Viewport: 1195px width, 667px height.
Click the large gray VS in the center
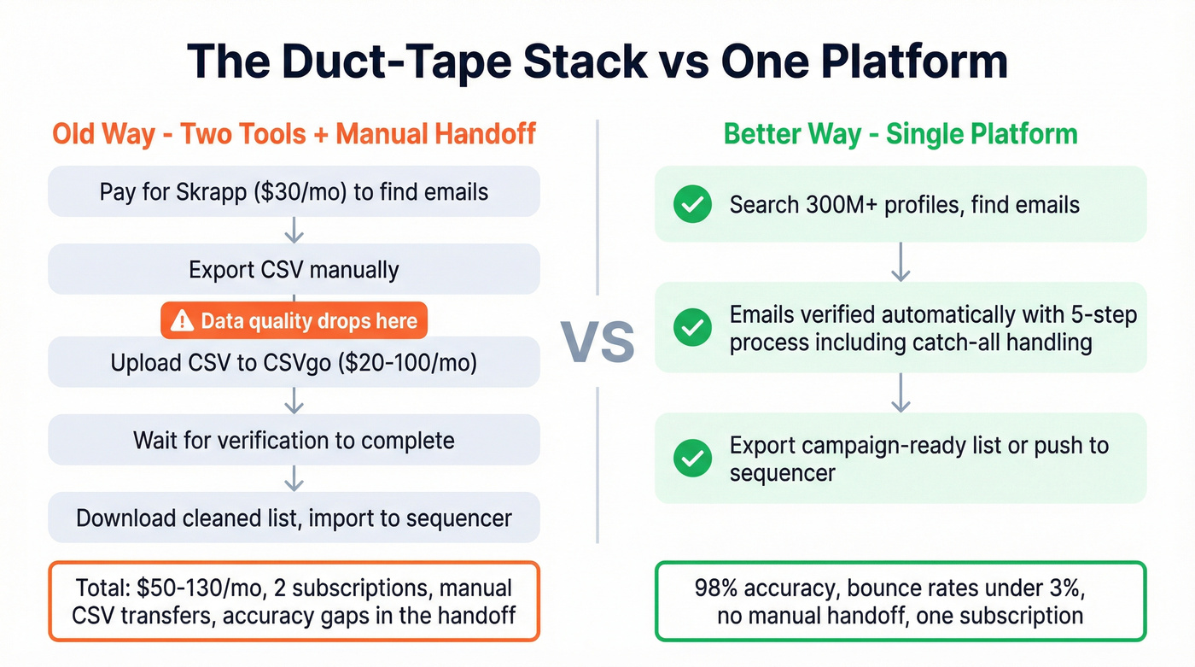[597, 342]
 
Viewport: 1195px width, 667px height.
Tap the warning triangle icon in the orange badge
[183, 321]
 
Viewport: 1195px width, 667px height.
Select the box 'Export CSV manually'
[294, 270]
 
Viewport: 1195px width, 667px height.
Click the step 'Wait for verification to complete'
[294, 441]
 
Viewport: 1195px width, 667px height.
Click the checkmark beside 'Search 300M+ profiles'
[692, 204]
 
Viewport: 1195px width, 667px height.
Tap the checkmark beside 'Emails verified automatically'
[692, 328]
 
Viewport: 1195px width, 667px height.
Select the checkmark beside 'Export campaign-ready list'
[692, 458]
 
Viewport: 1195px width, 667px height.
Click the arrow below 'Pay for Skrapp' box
[294, 230]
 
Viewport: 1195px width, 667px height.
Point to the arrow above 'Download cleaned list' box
[294, 477]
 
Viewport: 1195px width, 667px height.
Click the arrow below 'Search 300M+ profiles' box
[901, 261]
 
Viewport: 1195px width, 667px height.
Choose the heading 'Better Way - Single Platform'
[901, 134]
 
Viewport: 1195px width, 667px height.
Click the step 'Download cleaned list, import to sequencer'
[294, 518]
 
